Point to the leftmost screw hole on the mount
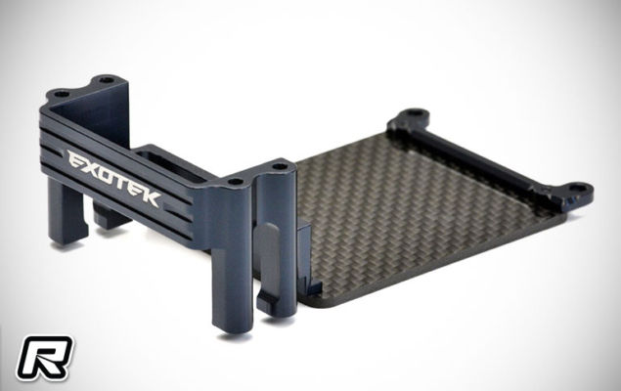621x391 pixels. click(x=62, y=95)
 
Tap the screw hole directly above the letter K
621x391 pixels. click(x=234, y=182)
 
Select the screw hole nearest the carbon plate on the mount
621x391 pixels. click(x=280, y=167)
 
